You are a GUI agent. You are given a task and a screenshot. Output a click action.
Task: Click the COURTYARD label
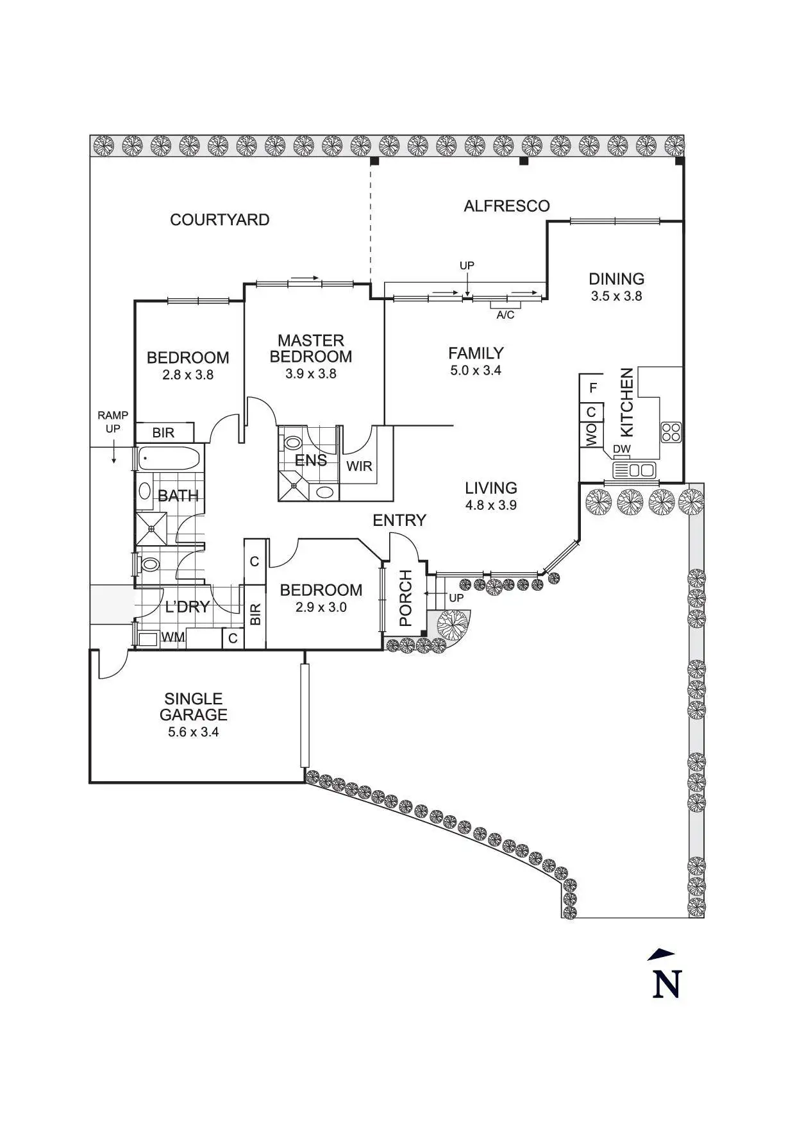(219, 220)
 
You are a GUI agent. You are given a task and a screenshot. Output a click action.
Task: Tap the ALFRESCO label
(506, 206)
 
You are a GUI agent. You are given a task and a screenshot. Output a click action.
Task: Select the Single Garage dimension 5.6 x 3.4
(194, 732)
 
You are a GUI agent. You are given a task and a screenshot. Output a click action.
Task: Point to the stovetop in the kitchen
(671, 431)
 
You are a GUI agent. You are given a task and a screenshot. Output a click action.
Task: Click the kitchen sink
(635, 470)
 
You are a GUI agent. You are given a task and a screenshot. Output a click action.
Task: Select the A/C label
(505, 315)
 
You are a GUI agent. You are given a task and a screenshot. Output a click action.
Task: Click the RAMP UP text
(113, 422)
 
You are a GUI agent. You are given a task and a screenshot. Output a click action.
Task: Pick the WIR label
(359, 466)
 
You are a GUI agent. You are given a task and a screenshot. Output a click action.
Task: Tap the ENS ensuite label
(311, 460)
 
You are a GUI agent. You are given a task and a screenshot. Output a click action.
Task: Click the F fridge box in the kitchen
(592, 387)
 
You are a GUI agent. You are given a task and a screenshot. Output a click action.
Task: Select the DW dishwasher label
(622, 449)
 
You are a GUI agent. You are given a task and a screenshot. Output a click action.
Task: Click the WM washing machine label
(172, 638)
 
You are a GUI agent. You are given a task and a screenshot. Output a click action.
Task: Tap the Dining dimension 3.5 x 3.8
(616, 296)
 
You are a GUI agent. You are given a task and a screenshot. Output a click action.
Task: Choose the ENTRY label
(399, 520)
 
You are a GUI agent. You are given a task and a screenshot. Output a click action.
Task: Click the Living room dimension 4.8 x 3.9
(491, 505)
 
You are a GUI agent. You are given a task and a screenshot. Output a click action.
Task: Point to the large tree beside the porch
(453, 623)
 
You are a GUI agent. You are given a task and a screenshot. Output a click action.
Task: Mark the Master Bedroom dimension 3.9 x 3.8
(311, 373)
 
